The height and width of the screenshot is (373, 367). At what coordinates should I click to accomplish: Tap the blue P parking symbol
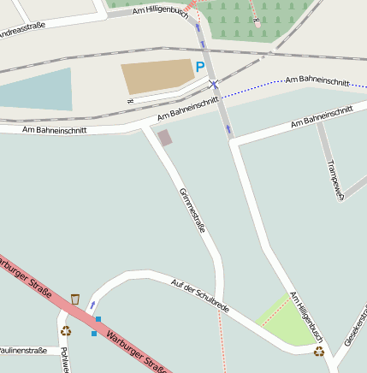click(200, 66)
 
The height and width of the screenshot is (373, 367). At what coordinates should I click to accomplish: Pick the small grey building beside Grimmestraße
click(164, 138)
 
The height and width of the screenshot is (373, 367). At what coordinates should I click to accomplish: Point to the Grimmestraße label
click(192, 210)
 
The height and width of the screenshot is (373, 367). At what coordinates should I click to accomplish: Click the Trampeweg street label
click(335, 178)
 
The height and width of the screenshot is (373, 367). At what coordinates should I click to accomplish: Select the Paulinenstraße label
click(23, 351)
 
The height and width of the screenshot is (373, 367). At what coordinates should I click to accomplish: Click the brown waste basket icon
click(75, 299)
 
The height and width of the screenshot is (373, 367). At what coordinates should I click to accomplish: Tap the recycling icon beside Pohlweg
click(66, 331)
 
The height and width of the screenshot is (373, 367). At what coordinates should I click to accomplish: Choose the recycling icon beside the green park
click(319, 351)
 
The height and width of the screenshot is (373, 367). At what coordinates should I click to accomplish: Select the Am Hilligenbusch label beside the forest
click(160, 9)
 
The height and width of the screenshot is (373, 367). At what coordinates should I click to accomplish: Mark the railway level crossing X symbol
click(215, 84)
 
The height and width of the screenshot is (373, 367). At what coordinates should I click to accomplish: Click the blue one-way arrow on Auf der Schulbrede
click(92, 305)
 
